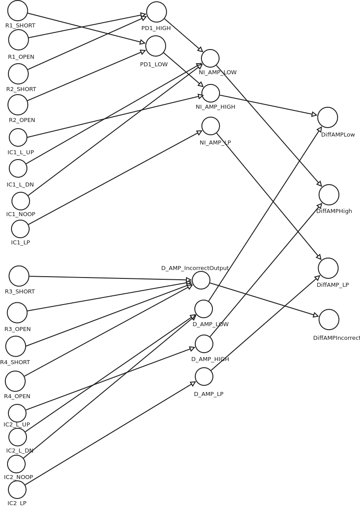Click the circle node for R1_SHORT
(18, 11)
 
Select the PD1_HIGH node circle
(156, 12)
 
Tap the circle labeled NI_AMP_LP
(211, 126)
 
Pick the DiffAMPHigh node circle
(329, 195)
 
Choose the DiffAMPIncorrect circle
(329, 320)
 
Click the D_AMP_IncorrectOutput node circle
(201, 280)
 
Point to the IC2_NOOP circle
(16, 464)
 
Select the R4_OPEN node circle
(15, 381)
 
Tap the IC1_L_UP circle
(18, 137)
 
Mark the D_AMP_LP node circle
(204, 377)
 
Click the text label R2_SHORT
(21, 89)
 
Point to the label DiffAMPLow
(338, 135)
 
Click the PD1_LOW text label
(154, 65)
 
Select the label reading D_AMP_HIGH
(210, 359)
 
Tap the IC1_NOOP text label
(21, 214)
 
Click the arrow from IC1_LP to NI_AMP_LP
(115, 178)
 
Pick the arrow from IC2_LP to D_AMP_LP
(110, 434)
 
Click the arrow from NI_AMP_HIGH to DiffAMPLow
(268, 105)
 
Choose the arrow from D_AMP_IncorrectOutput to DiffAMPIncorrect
(264, 300)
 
